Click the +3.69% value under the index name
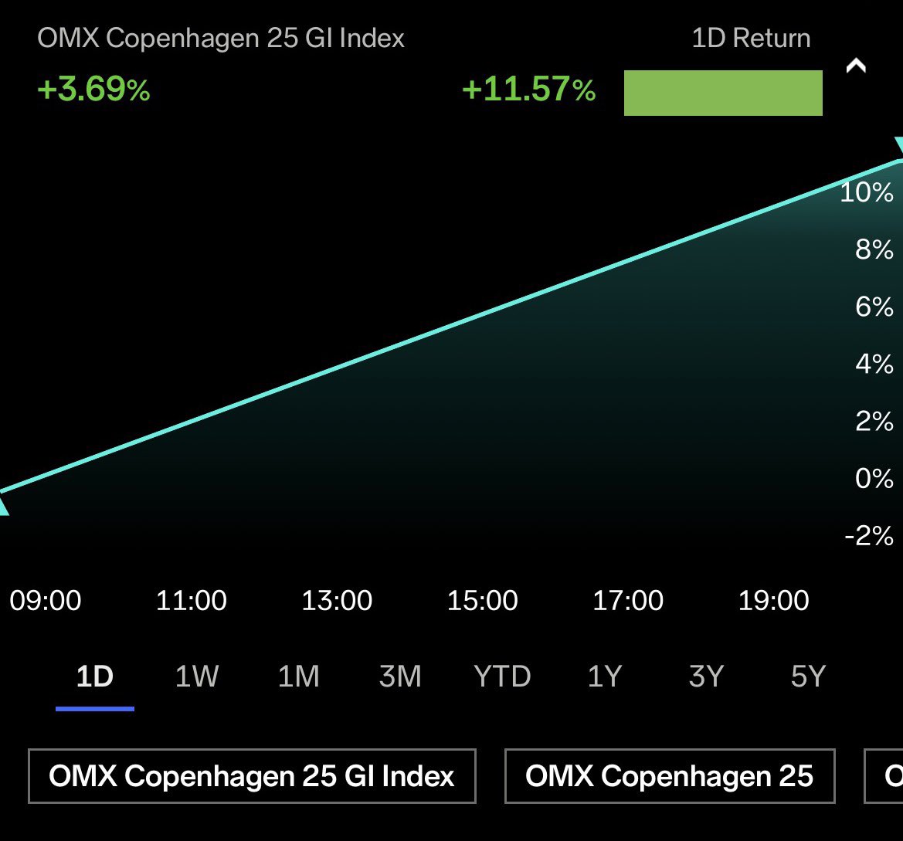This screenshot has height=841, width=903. tap(93, 90)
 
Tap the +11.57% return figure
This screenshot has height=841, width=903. tap(528, 90)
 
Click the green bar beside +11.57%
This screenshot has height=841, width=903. tap(722, 93)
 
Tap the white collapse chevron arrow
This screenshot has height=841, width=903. tap(856, 66)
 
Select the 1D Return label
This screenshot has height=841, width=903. tap(751, 39)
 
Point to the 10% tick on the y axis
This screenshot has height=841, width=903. tap(866, 192)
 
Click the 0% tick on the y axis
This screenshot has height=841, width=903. tap(874, 479)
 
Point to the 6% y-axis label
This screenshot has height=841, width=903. tap(874, 307)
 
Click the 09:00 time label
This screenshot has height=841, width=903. tap(46, 600)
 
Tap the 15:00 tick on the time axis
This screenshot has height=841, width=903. tap(482, 600)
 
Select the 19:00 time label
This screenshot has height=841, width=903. tap(773, 600)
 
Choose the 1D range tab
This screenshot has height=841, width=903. tap(95, 677)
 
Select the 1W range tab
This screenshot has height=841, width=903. tap(197, 677)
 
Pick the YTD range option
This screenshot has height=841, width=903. tap(502, 677)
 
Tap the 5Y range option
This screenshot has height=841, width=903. tap(808, 677)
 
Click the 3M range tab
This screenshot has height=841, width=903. tap(400, 677)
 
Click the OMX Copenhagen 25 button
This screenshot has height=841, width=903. tap(669, 775)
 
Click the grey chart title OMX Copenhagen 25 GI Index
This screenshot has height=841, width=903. tap(221, 39)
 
